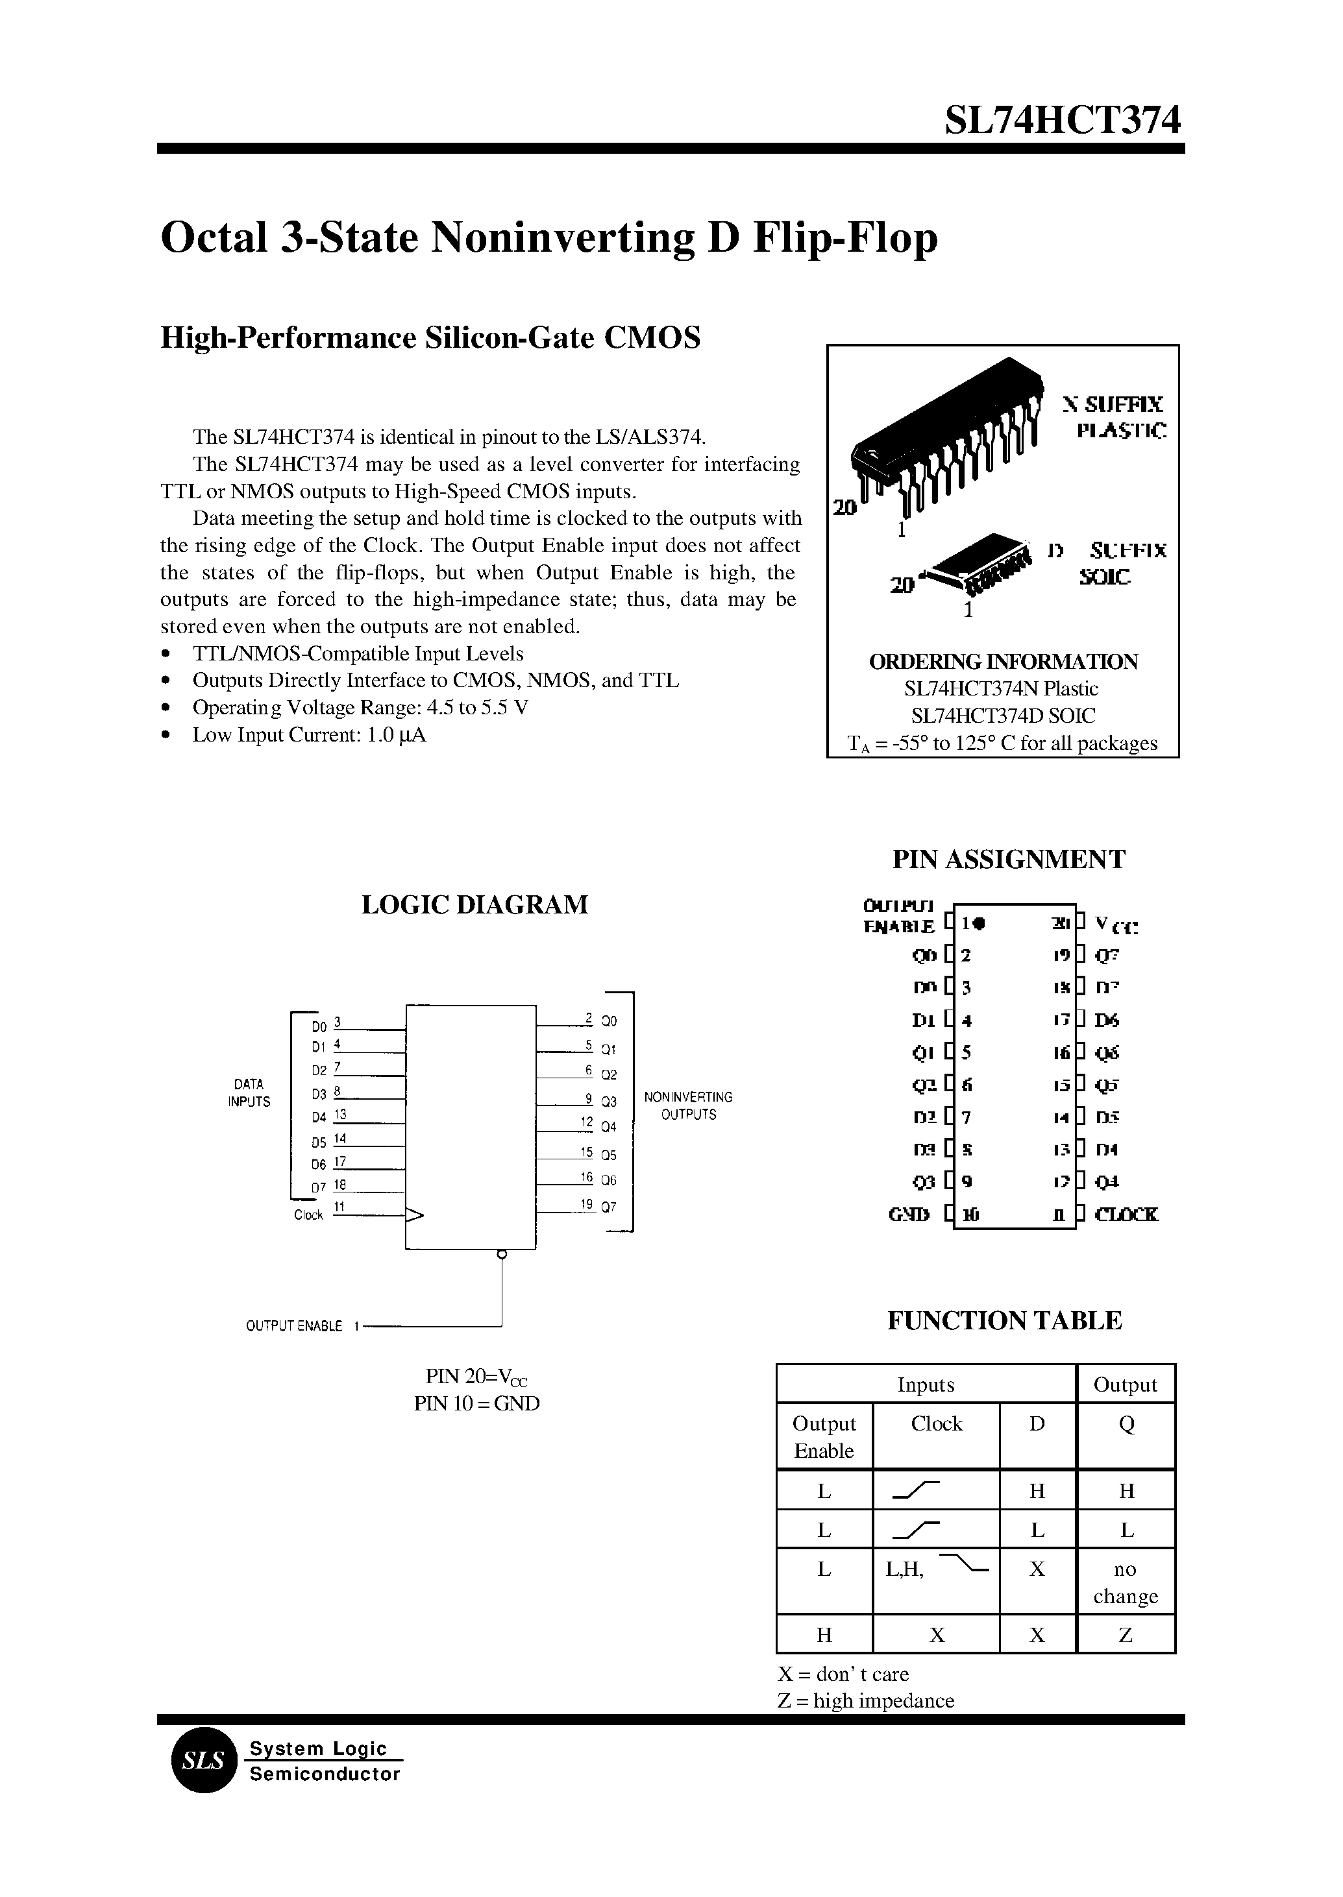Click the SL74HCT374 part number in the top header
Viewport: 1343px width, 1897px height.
[x=1063, y=121]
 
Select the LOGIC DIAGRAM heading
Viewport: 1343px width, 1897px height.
[x=474, y=904]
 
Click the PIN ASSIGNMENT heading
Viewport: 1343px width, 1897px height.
[x=1008, y=860]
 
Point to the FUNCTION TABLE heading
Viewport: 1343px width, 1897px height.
[x=1004, y=1320]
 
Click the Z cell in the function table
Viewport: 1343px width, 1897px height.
[x=1126, y=1635]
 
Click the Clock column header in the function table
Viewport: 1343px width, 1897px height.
[x=936, y=1423]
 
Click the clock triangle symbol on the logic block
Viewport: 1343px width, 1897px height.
[x=414, y=1215]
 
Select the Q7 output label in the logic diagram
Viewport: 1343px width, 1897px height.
[x=609, y=1207]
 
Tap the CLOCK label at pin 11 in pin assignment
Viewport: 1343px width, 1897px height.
[x=1126, y=1214]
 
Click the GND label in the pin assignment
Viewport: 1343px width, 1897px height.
[x=909, y=1214]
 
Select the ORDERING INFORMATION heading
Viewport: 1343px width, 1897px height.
[x=1003, y=661]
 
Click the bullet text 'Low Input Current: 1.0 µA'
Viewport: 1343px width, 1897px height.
[x=308, y=735]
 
